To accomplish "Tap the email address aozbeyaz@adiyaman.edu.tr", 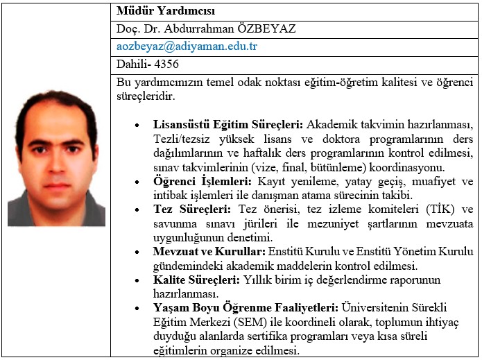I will [x=187, y=47].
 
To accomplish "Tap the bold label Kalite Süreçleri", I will [x=196, y=280].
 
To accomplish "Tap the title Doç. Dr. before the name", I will [x=139, y=29].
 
